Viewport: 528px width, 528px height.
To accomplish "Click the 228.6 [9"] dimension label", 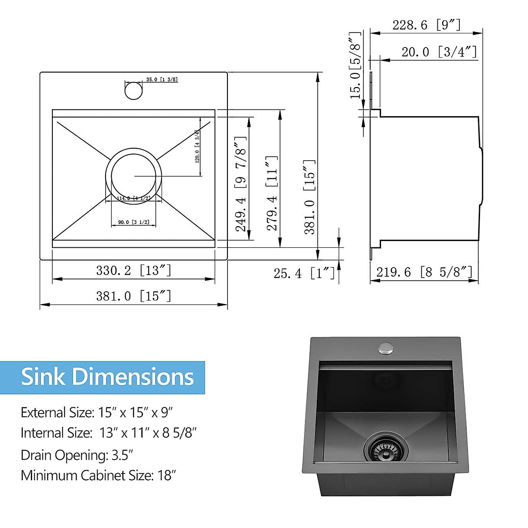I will coord(426,25).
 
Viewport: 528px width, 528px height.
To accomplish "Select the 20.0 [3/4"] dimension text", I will coord(439,52).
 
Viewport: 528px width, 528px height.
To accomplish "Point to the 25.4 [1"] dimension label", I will coord(304,274).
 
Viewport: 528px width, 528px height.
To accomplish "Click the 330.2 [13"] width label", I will coord(133,270).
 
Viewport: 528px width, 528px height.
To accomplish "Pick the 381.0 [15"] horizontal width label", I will coord(133,296).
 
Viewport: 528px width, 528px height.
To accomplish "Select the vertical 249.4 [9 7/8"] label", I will coord(241,184).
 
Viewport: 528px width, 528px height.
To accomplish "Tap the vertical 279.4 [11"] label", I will coord(272,193).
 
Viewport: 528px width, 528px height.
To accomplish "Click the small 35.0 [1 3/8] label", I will coord(161,80).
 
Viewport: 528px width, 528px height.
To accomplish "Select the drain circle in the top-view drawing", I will coord(133,176).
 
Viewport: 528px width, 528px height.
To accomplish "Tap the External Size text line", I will coord(97,412).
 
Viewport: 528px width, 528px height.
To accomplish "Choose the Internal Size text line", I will coord(108,433).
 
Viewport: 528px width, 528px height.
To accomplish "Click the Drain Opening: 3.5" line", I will coord(77,455).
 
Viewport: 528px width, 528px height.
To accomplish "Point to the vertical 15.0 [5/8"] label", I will coord(356,65).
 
